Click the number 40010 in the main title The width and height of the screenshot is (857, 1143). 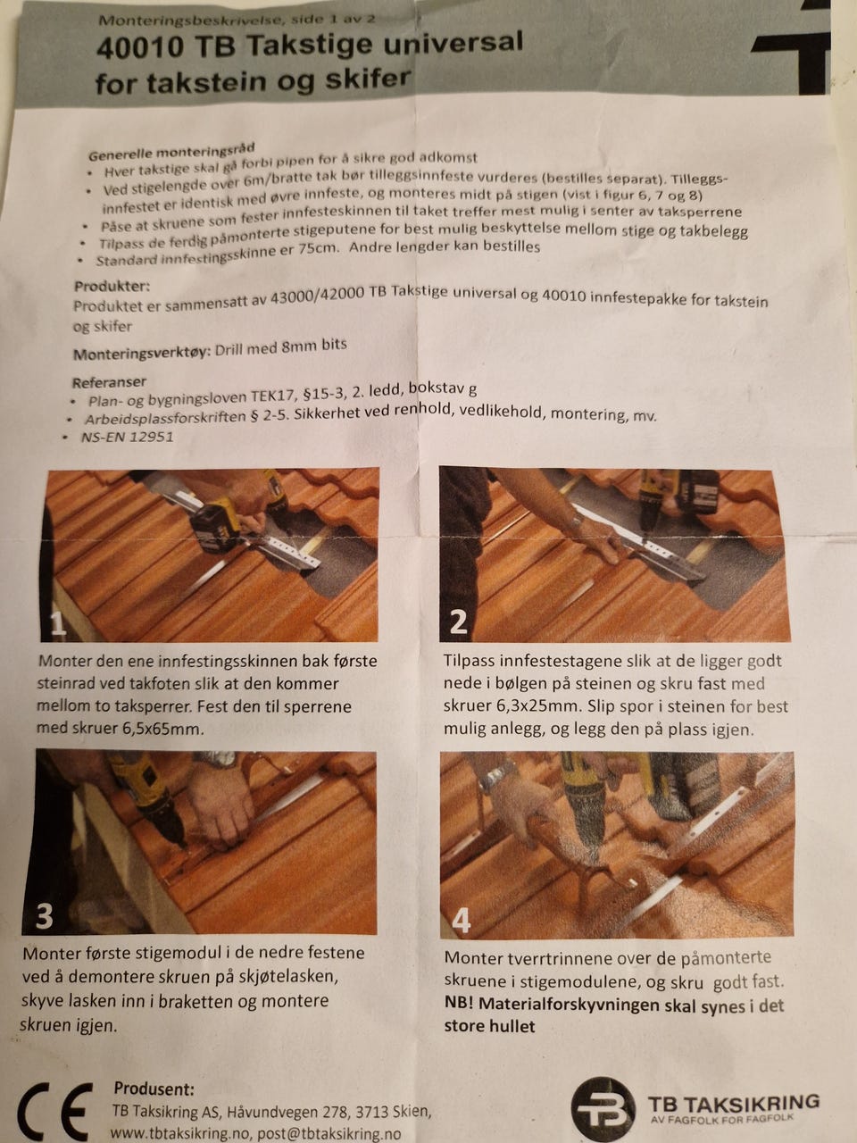[x=140, y=49]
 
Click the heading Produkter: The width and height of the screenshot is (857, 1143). [x=112, y=287]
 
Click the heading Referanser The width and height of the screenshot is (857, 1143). [x=109, y=382]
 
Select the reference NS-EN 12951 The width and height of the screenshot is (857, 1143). [x=127, y=437]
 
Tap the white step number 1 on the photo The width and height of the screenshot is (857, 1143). [x=57, y=622]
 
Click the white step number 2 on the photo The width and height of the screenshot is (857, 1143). [x=458, y=622]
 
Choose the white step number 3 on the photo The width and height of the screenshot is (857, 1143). [x=44, y=915]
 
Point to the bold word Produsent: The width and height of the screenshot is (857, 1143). [x=154, y=1088]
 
